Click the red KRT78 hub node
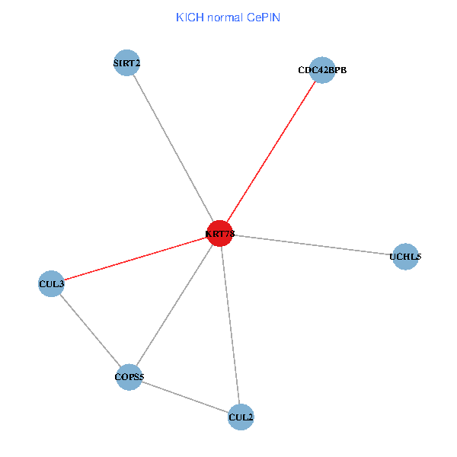pos(219,233)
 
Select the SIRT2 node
pos(126,62)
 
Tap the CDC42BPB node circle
pos(322,70)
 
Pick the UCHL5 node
pos(404,257)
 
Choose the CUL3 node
pos(51,284)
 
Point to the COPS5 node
pos(129,376)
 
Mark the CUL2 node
pos(241,417)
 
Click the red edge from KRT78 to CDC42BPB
pos(270,152)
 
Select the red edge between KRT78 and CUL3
pos(136,259)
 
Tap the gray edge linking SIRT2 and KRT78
pos(173,148)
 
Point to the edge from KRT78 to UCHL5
pos(312,245)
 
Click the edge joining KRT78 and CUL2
pos(230,325)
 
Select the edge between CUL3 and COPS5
pos(90,330)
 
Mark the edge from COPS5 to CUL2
pos(184,396)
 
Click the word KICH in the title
pos(187,17)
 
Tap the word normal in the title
pos(224,17)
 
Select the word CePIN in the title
pos(263,17)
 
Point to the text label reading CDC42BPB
pos(322,70)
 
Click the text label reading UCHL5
pos(404,257)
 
